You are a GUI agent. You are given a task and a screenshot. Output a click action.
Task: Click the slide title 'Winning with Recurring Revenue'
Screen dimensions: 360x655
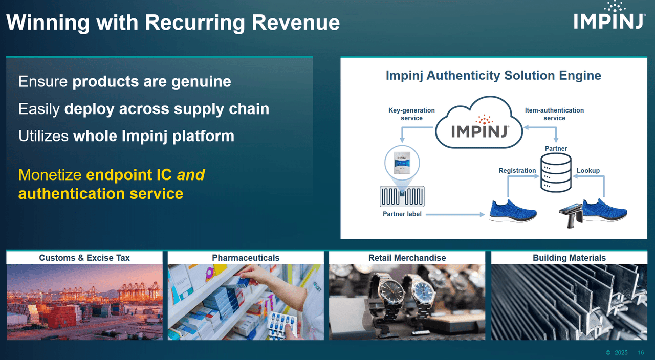pos(173,22)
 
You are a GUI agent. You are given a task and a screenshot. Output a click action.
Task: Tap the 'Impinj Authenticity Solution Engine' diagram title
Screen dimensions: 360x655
pos(493,76)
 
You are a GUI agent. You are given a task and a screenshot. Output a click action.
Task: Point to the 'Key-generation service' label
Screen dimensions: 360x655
pos(411,114)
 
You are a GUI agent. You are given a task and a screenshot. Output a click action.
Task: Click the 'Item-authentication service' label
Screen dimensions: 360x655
pos(554,114)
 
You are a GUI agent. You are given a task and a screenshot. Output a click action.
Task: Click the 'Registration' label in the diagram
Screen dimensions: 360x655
pos(517,171)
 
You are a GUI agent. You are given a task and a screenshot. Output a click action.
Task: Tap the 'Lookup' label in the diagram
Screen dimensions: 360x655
pos(588,171)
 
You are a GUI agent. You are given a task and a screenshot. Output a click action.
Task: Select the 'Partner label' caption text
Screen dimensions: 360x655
pos(402,214)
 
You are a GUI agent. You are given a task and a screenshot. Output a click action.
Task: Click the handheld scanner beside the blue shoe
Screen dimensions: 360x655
pos(571,215)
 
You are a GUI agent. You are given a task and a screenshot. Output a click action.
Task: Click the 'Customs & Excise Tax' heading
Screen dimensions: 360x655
pos(84,258)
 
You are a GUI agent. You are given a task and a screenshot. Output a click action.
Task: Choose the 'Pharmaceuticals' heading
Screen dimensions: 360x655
pos(246,258)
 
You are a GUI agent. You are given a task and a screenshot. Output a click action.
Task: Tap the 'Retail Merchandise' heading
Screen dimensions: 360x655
pos(407,258)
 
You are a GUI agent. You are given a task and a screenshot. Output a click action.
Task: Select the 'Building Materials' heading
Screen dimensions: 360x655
pos(569,258)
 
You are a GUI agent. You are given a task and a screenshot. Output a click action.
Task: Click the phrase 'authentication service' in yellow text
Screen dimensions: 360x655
pos(101,194)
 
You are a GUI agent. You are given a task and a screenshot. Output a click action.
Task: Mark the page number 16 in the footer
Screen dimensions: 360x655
pos(641,353)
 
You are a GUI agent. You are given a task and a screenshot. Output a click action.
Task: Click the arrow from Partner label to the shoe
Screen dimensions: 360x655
pos(454,214)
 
